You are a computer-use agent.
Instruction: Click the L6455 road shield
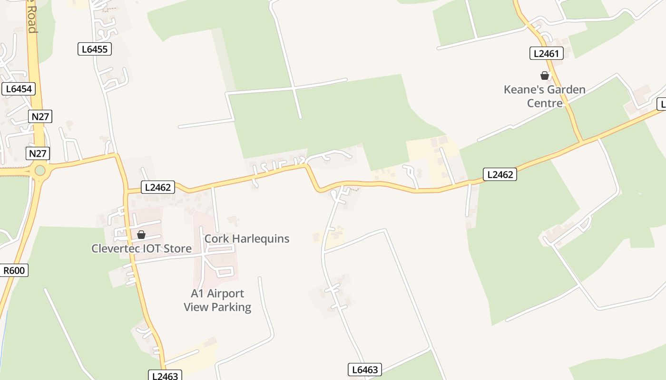[95, 49]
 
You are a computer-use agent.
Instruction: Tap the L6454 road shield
[19, 89]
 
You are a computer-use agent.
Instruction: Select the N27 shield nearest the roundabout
[39, 153]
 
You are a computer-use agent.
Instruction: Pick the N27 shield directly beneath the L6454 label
[40, 116]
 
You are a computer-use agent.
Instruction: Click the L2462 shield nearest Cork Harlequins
[158, 187]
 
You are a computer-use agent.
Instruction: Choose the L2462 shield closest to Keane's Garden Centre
[500, 174]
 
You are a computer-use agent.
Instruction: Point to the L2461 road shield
[546, 53]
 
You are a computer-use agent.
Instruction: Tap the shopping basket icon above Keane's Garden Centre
[545, 76]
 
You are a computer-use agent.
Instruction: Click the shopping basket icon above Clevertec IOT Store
[141, 235]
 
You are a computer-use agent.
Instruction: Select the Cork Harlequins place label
[246, 238]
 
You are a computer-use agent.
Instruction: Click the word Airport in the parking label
[225, 294]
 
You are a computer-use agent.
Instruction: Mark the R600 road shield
[15, 271]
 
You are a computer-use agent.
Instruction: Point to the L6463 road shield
[365, 370]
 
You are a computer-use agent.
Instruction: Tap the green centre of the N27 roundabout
[40, 170]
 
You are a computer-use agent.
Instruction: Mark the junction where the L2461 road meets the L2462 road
[581, 142]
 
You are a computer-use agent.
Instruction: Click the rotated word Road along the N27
[31, 20]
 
